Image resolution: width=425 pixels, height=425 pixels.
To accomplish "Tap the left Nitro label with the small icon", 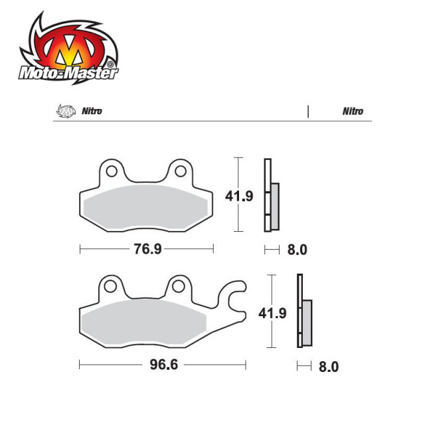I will pos(92,112).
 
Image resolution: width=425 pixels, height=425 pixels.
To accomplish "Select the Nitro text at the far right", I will pos(353,112).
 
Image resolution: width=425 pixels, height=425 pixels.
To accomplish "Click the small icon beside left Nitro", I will pos(64,112).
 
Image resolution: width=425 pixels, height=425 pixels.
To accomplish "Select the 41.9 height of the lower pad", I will pos(278,312).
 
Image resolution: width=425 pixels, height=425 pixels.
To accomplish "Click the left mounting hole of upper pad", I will pos(111,172).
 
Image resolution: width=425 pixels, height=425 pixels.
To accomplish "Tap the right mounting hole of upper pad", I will pos(179,172).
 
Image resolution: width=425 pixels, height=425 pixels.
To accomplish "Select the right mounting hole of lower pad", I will pos(178,288).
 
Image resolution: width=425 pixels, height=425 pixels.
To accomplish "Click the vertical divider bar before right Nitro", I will pos(308,112).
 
